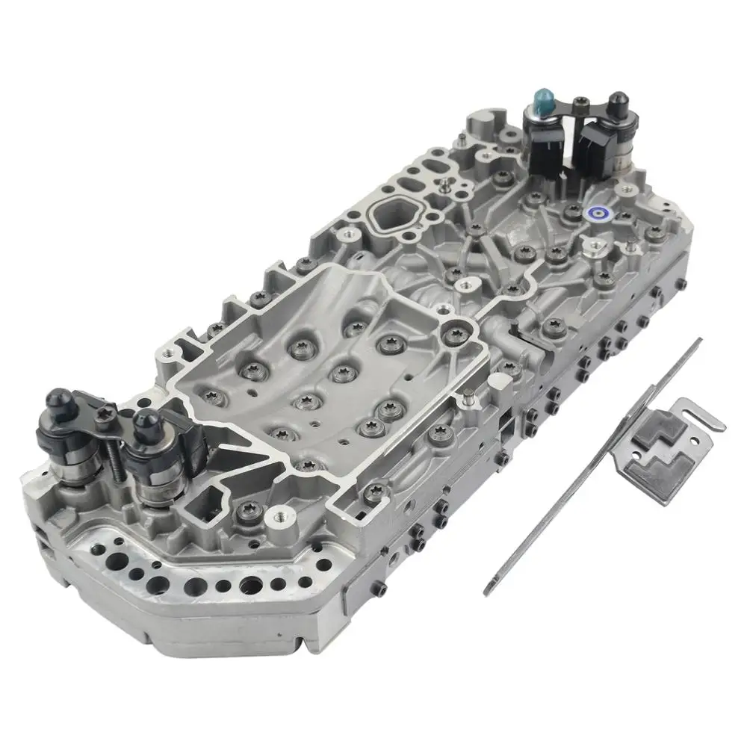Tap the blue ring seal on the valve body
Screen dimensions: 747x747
click(x=595, y=214)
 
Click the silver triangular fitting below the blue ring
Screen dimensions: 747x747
click(x=595, y=247)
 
